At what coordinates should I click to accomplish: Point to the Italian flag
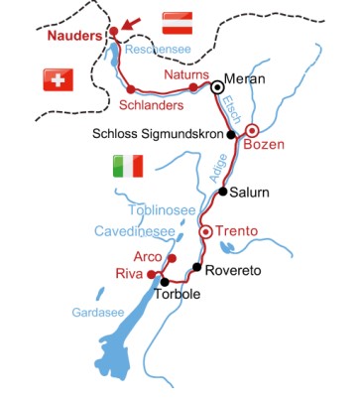click(129, 167)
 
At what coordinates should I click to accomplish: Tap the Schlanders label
click(148, 104)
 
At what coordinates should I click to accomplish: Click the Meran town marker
click(217, 86)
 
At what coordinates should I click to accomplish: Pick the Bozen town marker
click(252, 130)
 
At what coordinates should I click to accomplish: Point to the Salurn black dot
click(223, 192)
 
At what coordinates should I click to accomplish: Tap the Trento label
click(237, 231)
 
